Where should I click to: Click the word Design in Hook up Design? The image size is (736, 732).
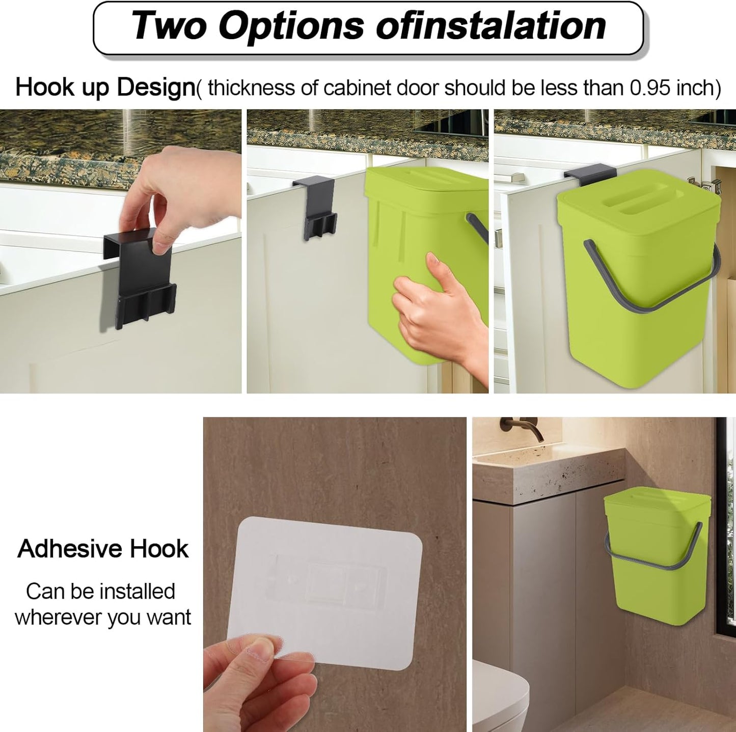tap(155, 87)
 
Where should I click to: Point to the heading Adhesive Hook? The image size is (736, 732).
tap(103, 549)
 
